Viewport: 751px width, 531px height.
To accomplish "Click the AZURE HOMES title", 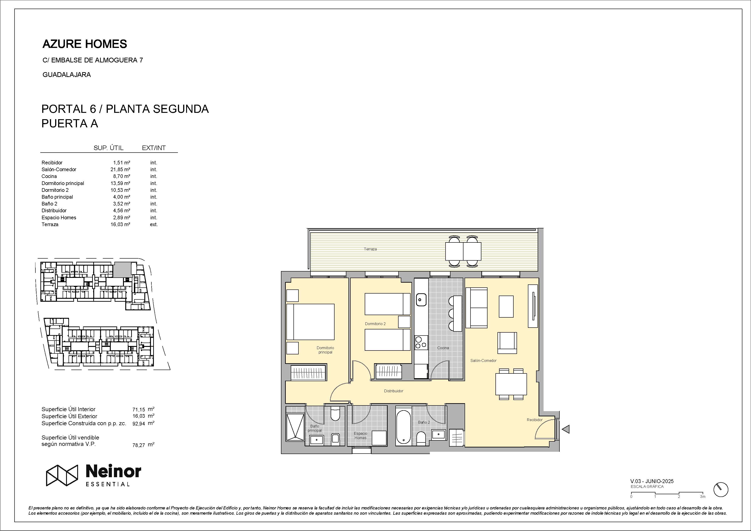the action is coord(85,44).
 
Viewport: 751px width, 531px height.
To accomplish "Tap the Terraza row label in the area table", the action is coord(50,225).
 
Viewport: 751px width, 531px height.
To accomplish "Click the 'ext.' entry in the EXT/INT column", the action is coord(154,225).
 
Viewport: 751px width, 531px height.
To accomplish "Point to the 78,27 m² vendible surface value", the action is coord(143,445).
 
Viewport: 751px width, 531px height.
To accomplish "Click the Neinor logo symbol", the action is coord(62,475).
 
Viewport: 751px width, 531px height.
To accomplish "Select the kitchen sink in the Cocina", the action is coord(421,299).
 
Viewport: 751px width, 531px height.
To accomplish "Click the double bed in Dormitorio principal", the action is coord(310,322).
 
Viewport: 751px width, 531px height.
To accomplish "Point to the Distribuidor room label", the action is coord(394,391).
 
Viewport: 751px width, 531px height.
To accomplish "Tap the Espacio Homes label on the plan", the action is coord(360,435).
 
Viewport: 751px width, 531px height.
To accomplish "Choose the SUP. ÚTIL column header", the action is coord(108,148).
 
